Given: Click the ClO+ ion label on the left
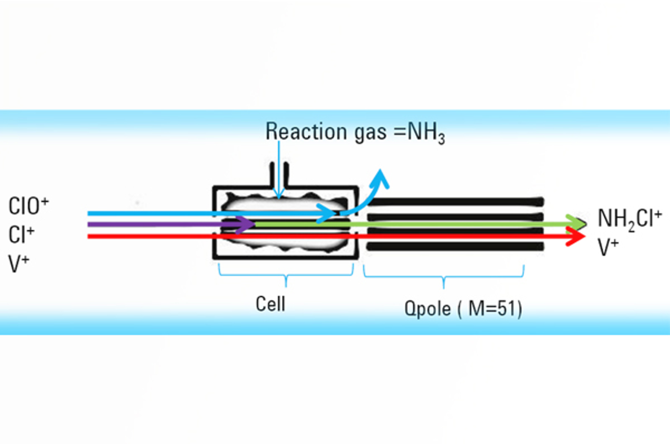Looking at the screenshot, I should coord(28,206).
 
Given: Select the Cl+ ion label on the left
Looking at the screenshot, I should coord(21,234).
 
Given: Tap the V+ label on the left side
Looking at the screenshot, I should coord(19,263).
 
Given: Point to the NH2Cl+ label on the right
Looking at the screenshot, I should coord(629,219).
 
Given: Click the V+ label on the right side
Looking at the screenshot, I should coord(608,247).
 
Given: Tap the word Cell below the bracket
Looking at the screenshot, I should coord(271,303).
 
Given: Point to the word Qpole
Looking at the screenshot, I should coord(428,309).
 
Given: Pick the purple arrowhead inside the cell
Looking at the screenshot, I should coord(246,225).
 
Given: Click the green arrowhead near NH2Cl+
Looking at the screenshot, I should coord(578,222).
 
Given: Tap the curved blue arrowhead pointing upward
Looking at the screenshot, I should coord(381,178).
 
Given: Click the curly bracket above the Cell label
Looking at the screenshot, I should coord(286,274).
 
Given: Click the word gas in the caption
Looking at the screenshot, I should coord(370,133).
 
